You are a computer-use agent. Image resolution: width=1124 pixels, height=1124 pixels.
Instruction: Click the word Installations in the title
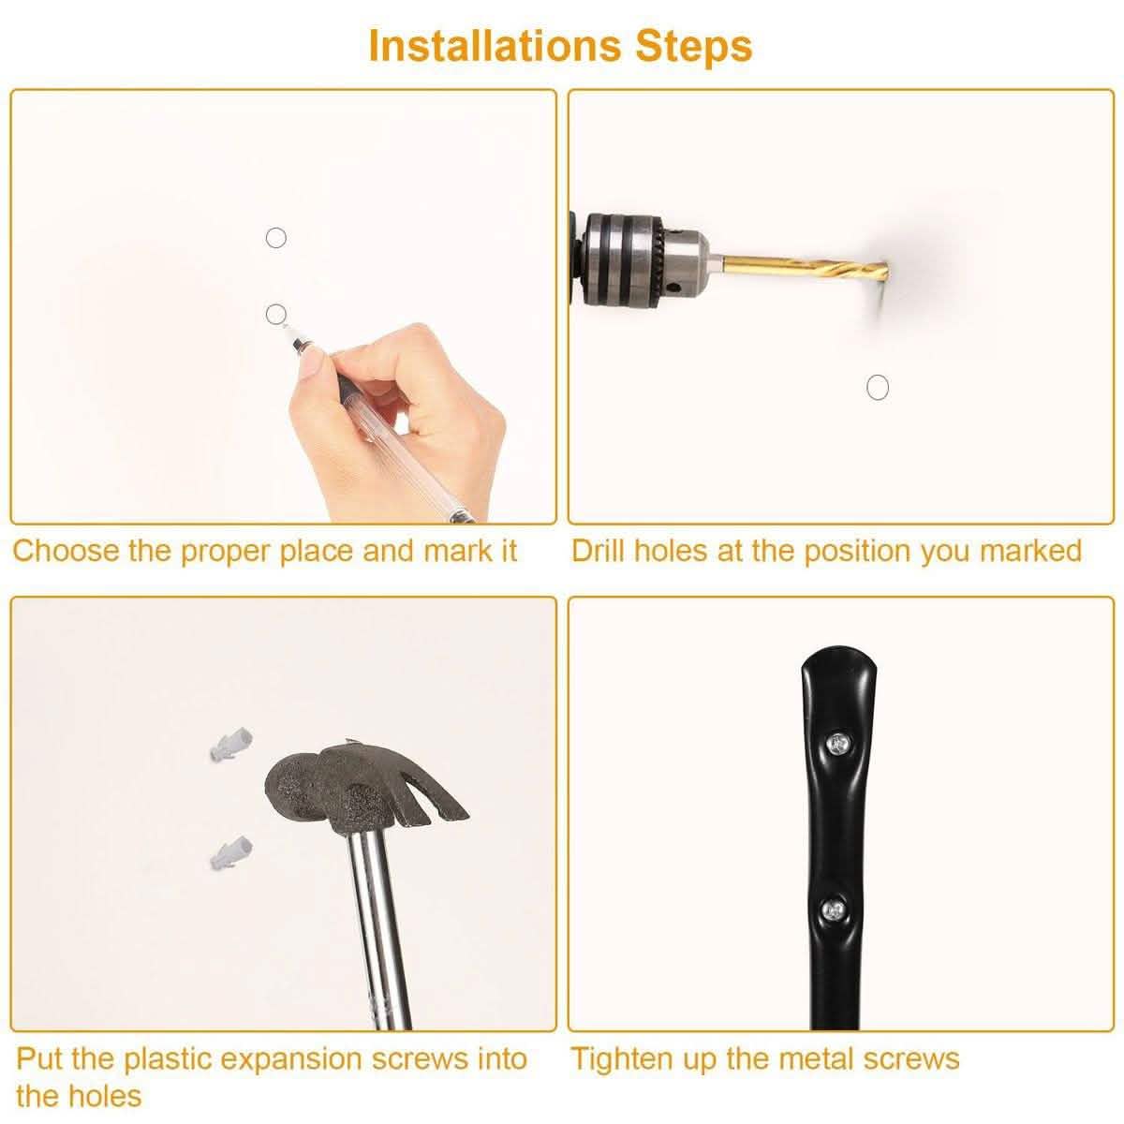click(x=495, y=46)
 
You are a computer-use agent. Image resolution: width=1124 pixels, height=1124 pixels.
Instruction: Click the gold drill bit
click(x=805, y=268)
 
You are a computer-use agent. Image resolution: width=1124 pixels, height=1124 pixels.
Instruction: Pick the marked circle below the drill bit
click(x=878, y=387)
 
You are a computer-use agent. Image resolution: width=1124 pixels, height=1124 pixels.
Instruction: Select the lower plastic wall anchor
click(x=231, y=852)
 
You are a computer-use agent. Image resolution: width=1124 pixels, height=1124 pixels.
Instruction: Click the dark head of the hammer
click(x=327, y=788)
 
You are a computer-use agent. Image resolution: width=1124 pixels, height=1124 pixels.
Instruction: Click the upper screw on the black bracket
click(x=837, y=743)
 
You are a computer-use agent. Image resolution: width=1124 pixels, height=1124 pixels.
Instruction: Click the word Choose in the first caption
click(x=66, y=551)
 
